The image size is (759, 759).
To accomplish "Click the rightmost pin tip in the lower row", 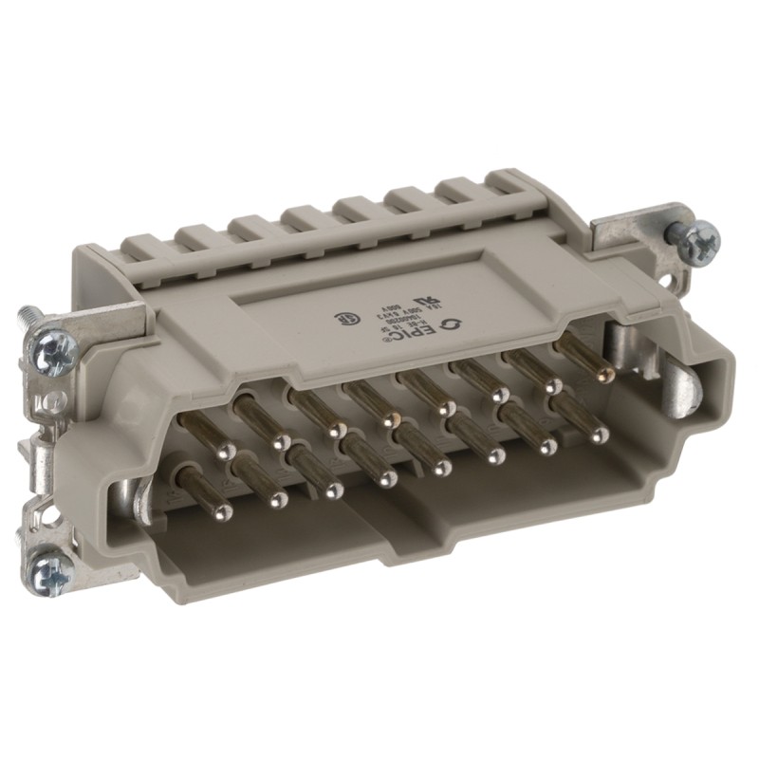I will coord(598,436).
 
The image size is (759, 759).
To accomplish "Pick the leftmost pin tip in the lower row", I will coord(223,513).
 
